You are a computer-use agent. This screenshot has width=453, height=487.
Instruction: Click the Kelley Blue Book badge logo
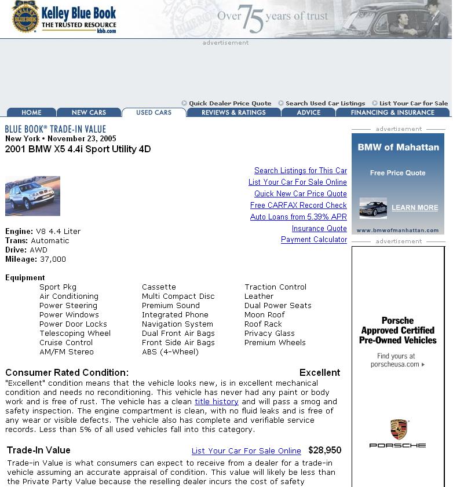(x=25, y=17)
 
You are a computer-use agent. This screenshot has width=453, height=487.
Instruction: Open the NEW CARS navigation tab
(x=89, y=112)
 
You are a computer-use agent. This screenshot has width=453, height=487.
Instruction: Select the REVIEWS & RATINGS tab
(x=233, y=112)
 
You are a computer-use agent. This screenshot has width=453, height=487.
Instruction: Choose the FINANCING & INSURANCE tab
(x=392, y=112)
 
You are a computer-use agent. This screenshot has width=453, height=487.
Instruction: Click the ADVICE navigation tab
(x=308, y=112)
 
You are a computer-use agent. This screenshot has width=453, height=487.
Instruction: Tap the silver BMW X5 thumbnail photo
(x=32, y=196)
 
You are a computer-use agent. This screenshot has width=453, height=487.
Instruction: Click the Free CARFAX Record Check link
(x=298, y=205)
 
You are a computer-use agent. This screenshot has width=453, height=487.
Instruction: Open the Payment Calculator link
(x=313, y=240)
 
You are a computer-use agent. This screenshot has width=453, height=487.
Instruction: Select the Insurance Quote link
(x=319, y=228)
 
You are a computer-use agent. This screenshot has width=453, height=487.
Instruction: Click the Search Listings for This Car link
(x=300, y=170)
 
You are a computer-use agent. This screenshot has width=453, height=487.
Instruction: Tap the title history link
(x=217, y=401)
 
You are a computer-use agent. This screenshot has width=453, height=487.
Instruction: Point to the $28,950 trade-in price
(x=324, y=450)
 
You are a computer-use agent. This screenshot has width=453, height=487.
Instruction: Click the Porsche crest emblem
(x=398, y=429)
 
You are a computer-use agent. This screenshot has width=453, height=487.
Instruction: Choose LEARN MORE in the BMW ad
(x=414, y=208)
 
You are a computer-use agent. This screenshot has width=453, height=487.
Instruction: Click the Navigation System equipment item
(x=177, y=324)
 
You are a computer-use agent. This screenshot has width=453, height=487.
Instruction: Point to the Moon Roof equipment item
(x=264, y=315)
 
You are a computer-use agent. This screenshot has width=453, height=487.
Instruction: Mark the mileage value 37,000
(x=53, y=259)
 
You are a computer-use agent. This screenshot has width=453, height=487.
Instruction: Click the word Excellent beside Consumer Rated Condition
(x=319, y=372)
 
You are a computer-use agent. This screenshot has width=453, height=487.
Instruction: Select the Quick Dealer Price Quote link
(x=229, y=104)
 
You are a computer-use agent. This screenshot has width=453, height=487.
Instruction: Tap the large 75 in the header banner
(x=250, y=19)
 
